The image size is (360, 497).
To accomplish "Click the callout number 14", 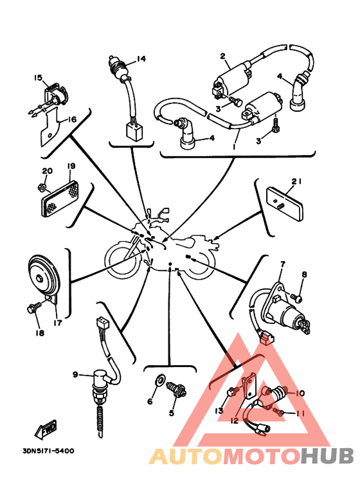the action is pos(141,59).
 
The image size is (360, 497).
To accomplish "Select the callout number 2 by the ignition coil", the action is pos(223,57).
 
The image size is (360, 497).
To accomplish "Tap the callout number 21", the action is pos(296,181).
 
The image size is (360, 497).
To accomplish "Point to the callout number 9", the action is pos(75,374).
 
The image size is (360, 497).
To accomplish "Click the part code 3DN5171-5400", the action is pos(48,451).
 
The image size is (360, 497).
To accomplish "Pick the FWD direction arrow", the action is pos(46,429).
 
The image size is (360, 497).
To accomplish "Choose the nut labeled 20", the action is pos(42,188).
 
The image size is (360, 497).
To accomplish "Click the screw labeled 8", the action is pos(296,298).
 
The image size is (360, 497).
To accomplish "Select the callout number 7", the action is pos(283,264).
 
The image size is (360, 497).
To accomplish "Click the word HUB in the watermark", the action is pos(327,455).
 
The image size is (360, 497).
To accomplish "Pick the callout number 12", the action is pos(234,420).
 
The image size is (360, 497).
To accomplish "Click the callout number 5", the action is pos(172,413).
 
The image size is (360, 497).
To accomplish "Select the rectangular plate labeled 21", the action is pos(285,204).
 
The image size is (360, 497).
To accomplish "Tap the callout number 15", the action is pos(38,78).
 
